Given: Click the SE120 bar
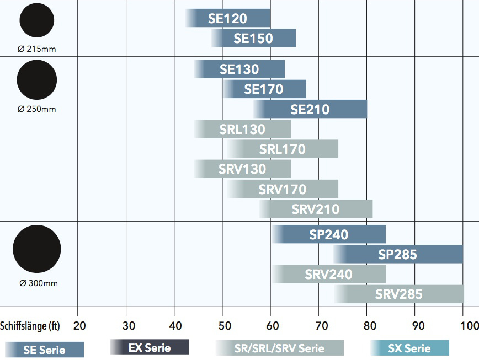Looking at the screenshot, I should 228,18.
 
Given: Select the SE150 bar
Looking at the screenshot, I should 253,38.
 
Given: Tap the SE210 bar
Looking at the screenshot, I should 310,109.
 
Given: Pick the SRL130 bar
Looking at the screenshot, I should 242,130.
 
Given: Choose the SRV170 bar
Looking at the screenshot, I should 283,190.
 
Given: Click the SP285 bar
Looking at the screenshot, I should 398,254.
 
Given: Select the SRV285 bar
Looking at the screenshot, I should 398,294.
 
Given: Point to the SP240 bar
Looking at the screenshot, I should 329,234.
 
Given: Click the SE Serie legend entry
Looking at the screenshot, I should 44,350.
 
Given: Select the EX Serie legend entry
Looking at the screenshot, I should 150,347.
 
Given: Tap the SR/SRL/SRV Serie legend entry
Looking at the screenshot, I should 280,348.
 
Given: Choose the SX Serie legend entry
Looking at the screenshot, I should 409,348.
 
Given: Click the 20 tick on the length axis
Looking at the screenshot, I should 79,326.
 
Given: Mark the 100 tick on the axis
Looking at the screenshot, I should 469,326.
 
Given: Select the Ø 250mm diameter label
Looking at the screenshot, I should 37,109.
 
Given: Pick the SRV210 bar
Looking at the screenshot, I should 316,209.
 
